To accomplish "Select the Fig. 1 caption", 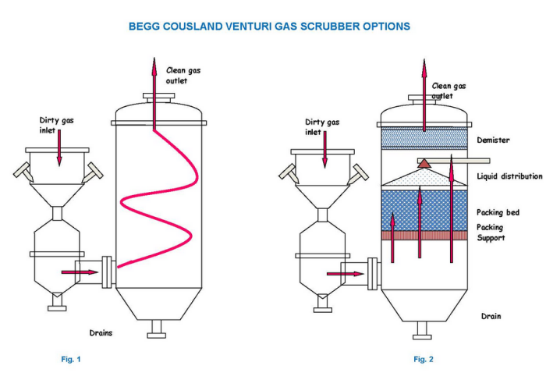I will pyautogui.click(x=71, y=359).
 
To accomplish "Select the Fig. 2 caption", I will pyautogui.click(x=424, y=359).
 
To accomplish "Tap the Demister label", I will pyautogui.click(x=494, y=140).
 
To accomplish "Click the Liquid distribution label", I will pyautogui.click(x=509, y=177).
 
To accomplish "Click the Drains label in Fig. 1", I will pyautogui.click(x=99, y=332).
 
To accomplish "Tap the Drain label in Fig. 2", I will pyautogui.click(x=491, y=316).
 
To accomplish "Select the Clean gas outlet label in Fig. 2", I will pyautogui.click(x=448, y=91).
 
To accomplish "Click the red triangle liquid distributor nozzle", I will pyautogui.click(x=424, y=162).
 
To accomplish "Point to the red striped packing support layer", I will pyautogui.click(x=423, y=235).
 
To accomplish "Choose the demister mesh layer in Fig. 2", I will pyautogui.click(x=423, y=140).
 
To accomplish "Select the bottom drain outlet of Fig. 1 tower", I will pyautogui.click(x=156, y=332).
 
